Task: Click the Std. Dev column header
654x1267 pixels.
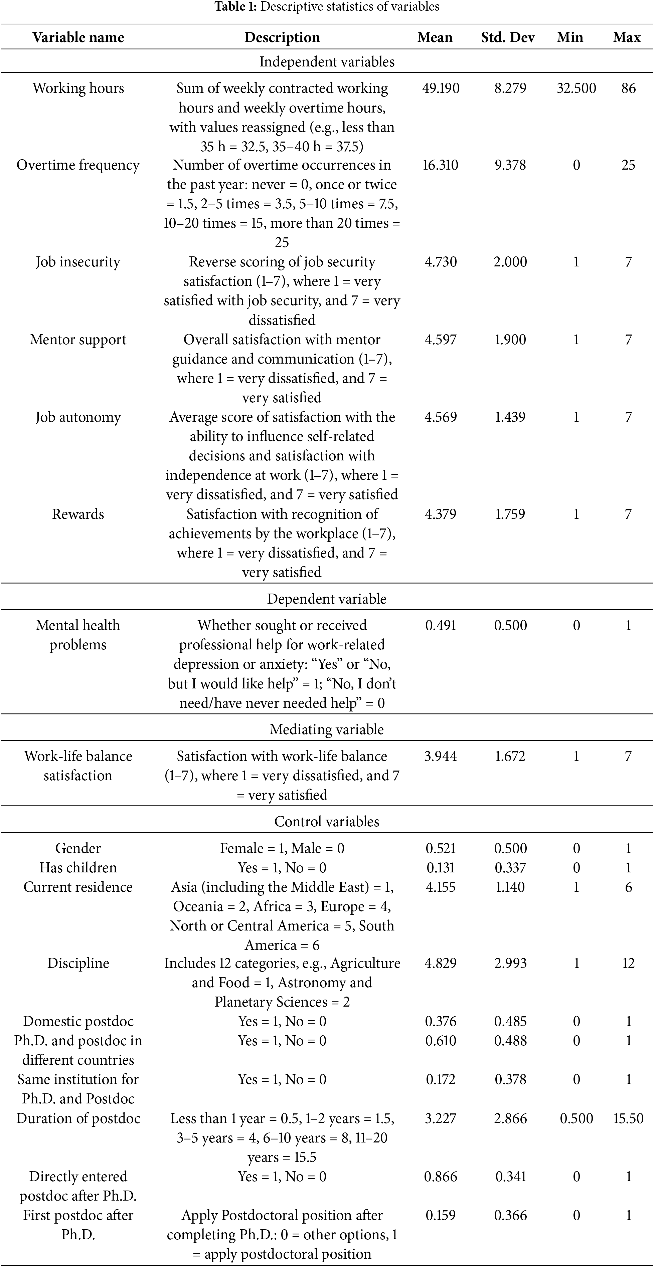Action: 507,37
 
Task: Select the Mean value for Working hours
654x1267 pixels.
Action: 441,88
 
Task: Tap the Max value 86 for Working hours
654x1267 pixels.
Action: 628,88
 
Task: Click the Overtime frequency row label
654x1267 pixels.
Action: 78,165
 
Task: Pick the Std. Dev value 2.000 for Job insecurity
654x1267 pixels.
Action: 510,262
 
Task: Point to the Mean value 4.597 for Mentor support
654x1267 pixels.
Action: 441,340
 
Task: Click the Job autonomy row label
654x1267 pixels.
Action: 78,417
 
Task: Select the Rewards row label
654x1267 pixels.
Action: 78,514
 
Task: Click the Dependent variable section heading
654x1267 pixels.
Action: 327,599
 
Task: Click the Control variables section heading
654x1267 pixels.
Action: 327,821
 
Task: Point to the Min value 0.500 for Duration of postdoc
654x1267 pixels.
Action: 576,1118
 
